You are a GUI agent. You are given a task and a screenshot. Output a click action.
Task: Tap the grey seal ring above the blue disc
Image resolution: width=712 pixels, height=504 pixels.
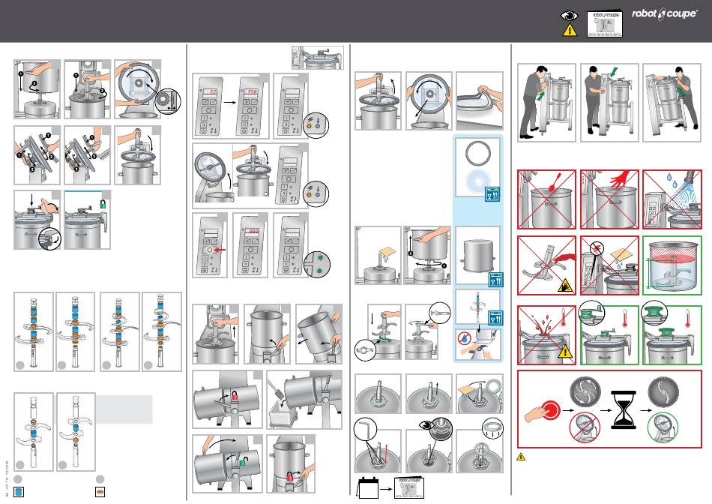(x=475, y=154)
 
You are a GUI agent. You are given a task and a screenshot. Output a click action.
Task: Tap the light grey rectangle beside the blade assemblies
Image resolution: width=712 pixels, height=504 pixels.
(x=124, y=409)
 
